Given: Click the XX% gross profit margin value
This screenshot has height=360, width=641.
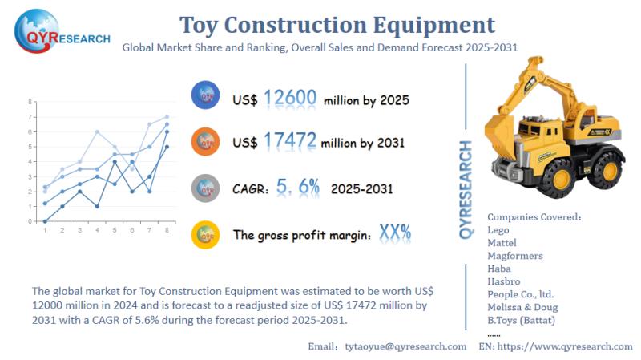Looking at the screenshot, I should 395,233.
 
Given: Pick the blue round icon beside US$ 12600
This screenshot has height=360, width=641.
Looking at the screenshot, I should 205,96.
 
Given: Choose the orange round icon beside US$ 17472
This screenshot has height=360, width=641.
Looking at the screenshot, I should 205,142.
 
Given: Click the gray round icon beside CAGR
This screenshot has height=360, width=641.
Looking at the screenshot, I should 205,188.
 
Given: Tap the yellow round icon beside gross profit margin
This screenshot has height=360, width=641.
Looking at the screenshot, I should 205,233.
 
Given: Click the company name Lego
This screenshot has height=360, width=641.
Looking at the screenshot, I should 498,229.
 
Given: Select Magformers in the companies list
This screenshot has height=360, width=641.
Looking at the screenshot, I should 514,256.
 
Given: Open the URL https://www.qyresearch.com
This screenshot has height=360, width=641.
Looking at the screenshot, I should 566,346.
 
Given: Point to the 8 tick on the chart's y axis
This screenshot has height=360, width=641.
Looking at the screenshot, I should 30,103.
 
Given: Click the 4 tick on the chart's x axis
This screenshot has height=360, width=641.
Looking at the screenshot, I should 97,231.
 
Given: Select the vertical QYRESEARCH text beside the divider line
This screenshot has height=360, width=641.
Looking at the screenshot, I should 466,189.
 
